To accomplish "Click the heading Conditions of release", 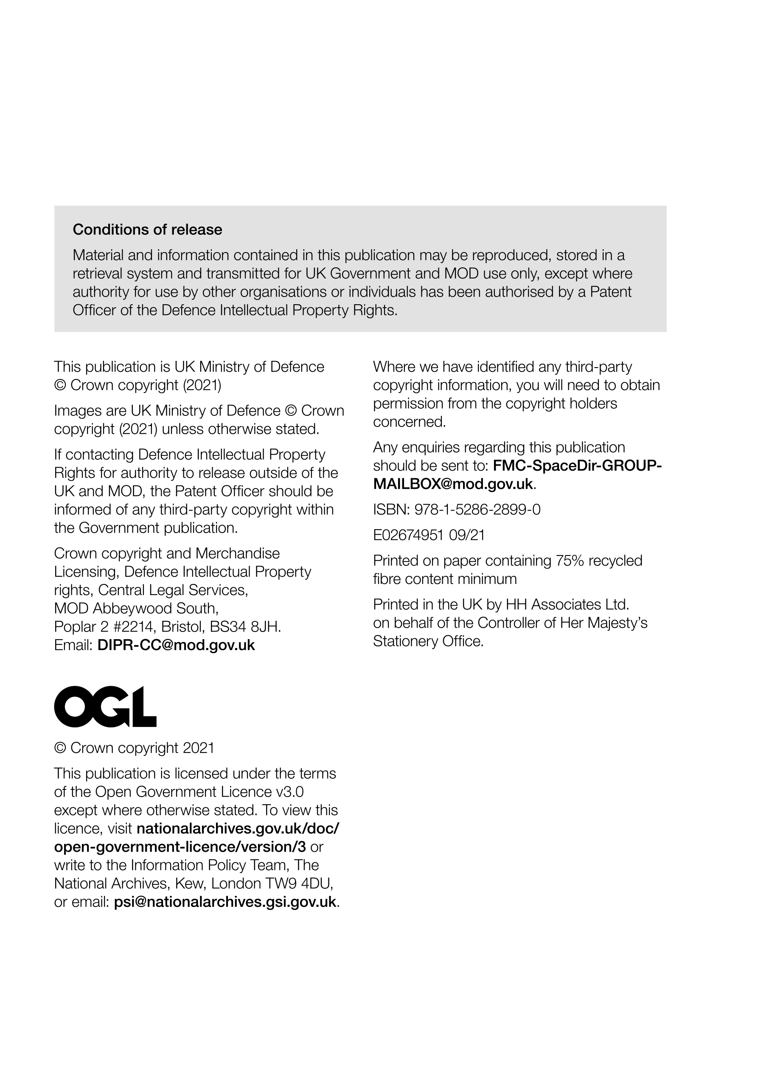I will coord(147,230).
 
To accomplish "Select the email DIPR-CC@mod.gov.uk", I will coord(176,645).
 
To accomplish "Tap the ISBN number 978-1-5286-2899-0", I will coord(477,509).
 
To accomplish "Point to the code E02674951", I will coord(408,535).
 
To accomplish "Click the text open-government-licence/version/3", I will coord(180,847).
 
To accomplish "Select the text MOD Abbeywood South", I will coord(136,609).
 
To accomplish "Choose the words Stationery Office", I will coord(428,641).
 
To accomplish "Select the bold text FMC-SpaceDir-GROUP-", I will coord(577,466).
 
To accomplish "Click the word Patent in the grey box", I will coord(610,292).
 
